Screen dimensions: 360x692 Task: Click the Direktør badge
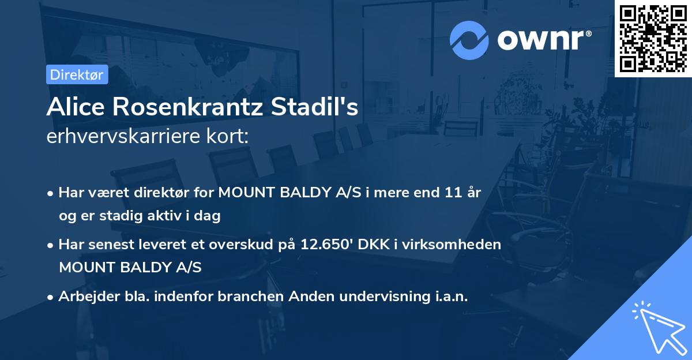tap(77, 74)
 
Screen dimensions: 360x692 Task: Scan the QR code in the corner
tap(653, 38)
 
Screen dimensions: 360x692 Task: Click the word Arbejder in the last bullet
tap(83, 297)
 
